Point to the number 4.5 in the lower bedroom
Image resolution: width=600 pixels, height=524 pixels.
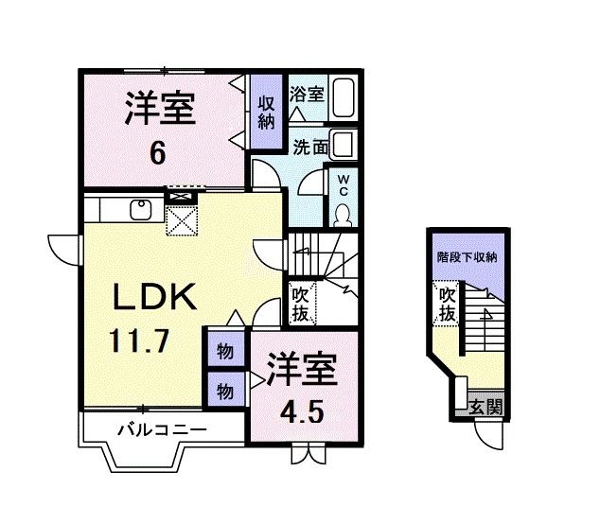(x=301, y=413)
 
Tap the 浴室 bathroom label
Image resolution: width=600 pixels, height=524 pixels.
(x=308, y=95)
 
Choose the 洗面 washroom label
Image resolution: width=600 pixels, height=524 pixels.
(x=310, y=147)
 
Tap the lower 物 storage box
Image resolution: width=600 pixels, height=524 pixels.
(x=225, y=389)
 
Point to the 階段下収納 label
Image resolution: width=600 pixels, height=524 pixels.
(x=468, y=257)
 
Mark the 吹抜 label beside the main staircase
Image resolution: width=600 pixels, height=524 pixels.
(x=300, y=303)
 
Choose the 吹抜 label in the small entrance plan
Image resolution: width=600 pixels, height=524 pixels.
(x=446, y=304)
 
